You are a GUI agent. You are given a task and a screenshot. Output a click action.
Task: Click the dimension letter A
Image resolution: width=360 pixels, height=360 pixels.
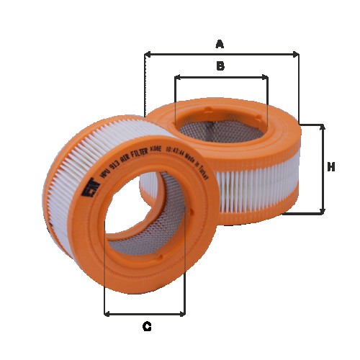tap(220, 44)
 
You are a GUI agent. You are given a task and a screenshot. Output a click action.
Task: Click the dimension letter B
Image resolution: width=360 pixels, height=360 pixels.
tap(221, 66)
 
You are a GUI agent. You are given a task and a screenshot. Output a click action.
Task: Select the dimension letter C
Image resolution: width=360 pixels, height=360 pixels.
tap(146, 327)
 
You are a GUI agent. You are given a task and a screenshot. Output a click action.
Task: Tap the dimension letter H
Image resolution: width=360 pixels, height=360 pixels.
tap(331, 168)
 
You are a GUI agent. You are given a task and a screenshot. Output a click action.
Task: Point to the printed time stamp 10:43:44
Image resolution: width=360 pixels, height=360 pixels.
tap(173, 152)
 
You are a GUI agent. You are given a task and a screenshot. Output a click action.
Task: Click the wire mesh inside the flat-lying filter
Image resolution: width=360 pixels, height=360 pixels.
tap(216, 130)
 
